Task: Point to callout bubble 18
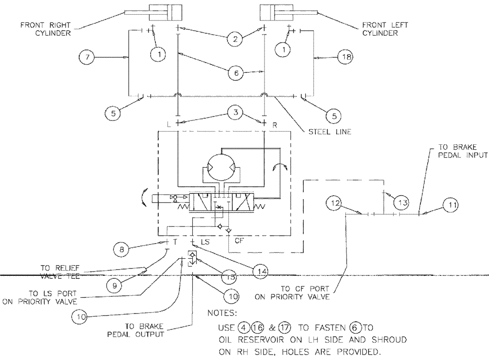tap(344, 58)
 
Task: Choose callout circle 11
tap(450, 207)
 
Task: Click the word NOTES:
tap(223, 312)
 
